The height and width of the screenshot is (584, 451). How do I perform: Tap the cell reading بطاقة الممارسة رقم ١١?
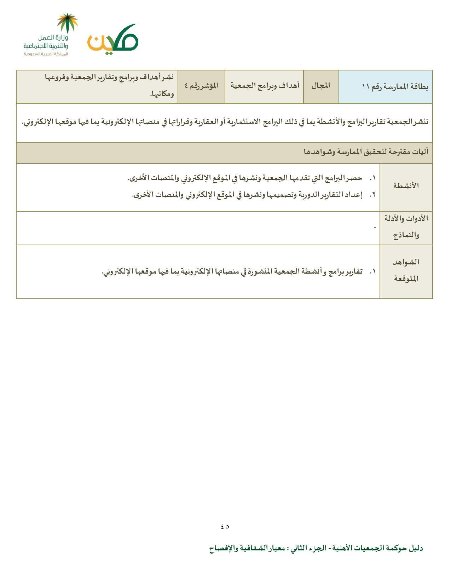click(395, 86)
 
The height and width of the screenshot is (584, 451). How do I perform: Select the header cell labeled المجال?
click(321, 86)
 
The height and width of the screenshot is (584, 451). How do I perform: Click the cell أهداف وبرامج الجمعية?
click(265, 86)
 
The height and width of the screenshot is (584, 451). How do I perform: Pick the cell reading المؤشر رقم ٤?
click(201, 86)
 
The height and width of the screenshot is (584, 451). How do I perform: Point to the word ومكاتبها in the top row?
click(162, 94)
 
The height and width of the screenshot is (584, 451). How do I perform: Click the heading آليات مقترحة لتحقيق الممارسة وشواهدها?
click(366, 152)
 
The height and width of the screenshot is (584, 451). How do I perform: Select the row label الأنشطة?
click(406, 186)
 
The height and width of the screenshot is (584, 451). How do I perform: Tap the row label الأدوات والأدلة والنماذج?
click(406, 227)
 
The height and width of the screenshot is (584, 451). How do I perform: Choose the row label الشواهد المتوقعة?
click(406, 270)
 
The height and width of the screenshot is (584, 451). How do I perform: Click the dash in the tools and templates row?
click(375, 227)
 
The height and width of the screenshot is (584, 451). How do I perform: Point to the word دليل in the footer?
click(416, 549)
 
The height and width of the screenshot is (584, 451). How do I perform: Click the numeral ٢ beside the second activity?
click(372, 195)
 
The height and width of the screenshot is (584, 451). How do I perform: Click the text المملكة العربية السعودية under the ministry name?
click(46, 54)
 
